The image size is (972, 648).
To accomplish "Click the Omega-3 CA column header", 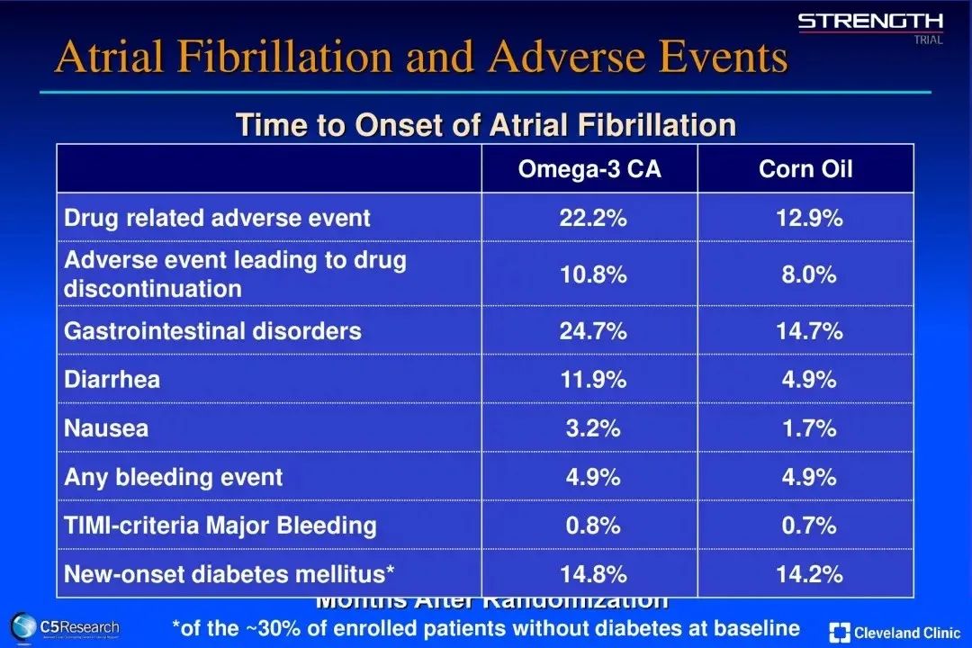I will (x=589, y=169).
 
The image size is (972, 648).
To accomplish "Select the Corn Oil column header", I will (x=805, y=169).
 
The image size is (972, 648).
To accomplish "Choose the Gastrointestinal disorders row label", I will (x=212, y=331).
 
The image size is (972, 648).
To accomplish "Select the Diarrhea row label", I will (x=112, y=380).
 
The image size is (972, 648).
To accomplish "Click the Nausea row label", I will (x=106, y=428).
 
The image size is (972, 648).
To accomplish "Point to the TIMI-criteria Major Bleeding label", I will (x=220, y=526).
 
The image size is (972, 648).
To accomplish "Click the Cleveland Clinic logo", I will (x=895, y=632).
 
